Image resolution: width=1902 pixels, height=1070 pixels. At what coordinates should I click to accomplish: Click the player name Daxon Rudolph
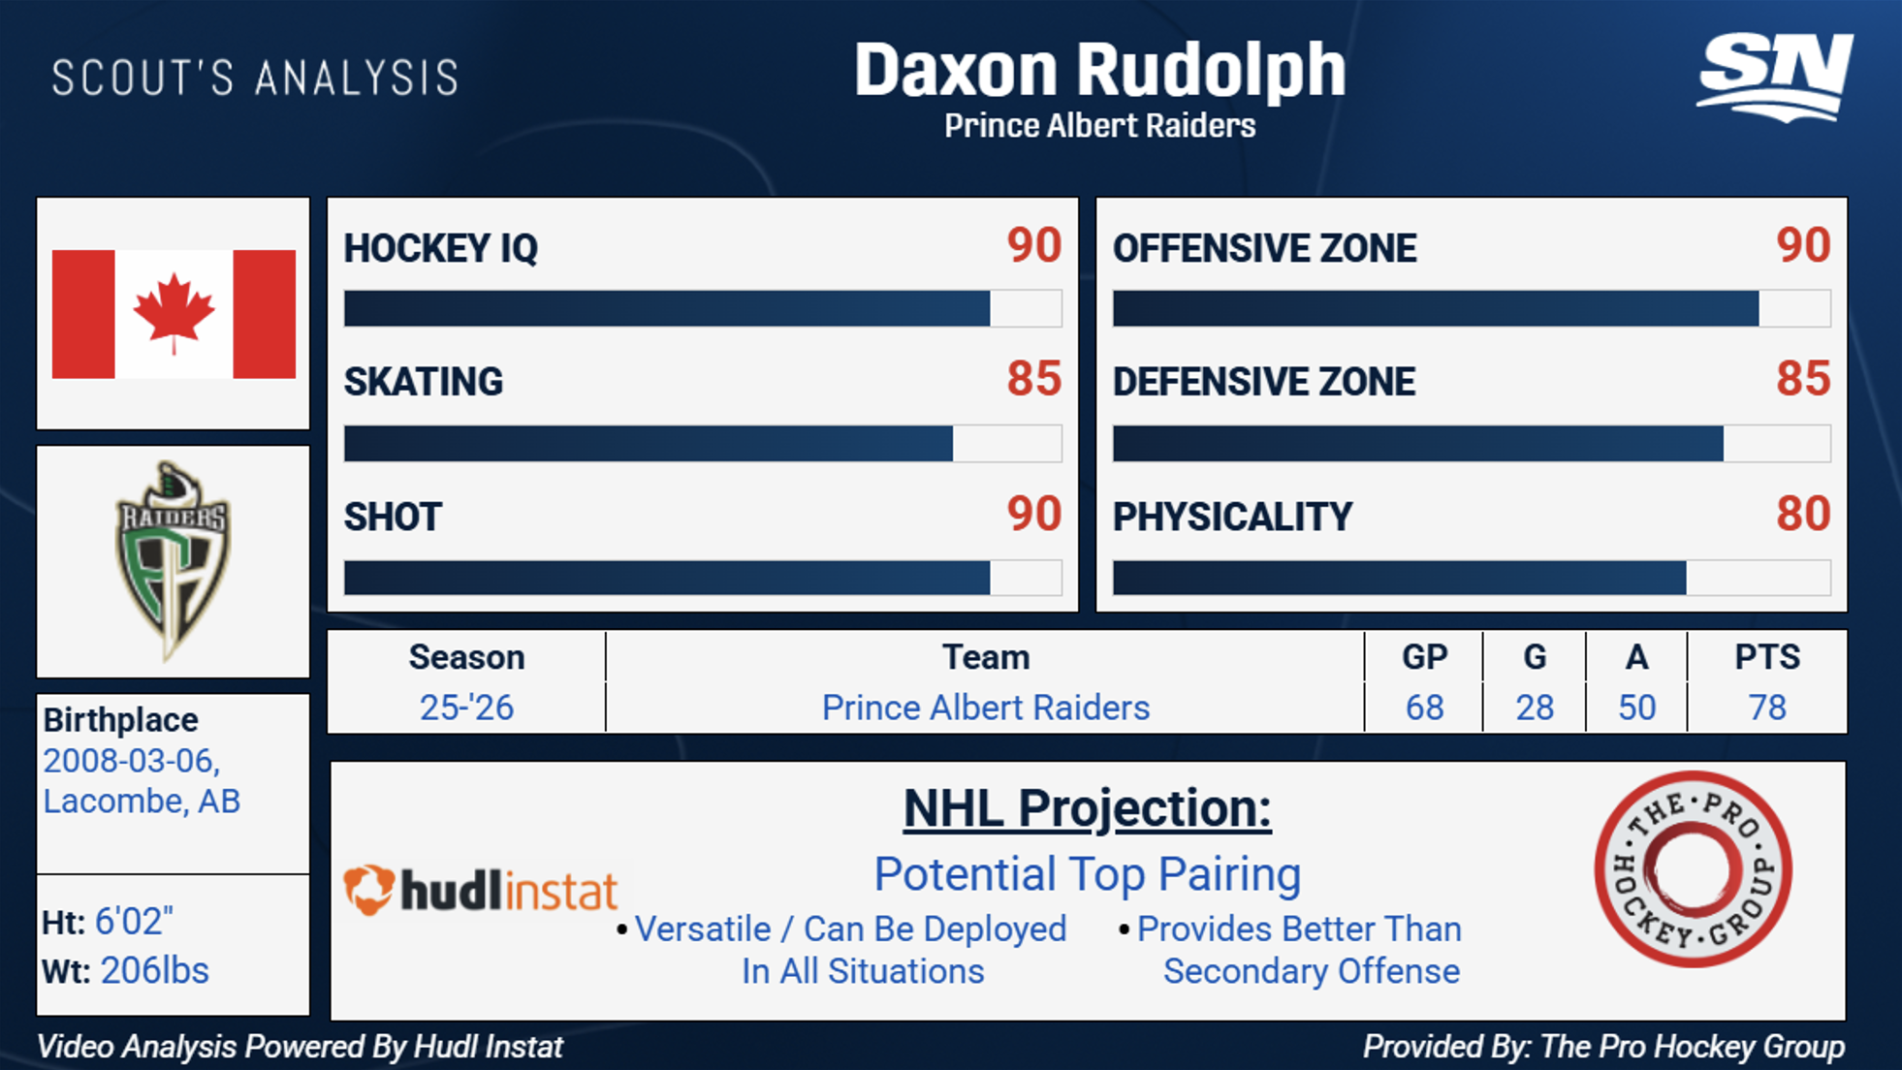tap(1099, 71)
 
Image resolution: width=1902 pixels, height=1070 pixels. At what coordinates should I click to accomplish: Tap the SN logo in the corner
tap(1775, 78)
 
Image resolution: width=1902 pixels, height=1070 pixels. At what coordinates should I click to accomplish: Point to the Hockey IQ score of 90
tap(1033, 245)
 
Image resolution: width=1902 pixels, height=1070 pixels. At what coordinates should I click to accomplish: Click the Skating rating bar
tap(703, 443)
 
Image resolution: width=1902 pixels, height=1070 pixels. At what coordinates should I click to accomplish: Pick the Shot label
tap(393, 517)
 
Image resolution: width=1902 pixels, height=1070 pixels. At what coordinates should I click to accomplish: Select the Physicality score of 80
tap(1803, 514)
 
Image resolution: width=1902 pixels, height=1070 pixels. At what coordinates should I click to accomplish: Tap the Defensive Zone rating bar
tap(1472, 443)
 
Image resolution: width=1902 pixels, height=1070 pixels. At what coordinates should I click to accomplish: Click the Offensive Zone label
tap(1264, 248)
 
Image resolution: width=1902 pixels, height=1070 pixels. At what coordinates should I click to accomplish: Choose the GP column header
tap(1424, 657)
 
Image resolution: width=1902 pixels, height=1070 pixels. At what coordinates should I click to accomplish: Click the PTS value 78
tap(1767, 708)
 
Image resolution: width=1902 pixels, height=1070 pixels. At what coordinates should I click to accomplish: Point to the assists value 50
tap(1636, 708)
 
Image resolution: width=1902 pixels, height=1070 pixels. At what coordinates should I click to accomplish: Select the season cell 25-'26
tap(466, 708)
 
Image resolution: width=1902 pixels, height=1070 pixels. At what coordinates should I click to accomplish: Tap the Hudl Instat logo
tap(481, 890)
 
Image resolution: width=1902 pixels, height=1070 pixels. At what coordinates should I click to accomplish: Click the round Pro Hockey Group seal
tap(1693, 868)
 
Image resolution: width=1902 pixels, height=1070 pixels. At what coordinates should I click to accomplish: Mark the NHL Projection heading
tap(1087, 808)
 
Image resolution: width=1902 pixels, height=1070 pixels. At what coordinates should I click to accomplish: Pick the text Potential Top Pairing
tap(1087, 874)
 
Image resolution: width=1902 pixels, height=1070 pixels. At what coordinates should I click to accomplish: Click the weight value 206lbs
tap(155, 970)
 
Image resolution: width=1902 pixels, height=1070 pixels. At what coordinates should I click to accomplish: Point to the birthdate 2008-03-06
tap(132, 762)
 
